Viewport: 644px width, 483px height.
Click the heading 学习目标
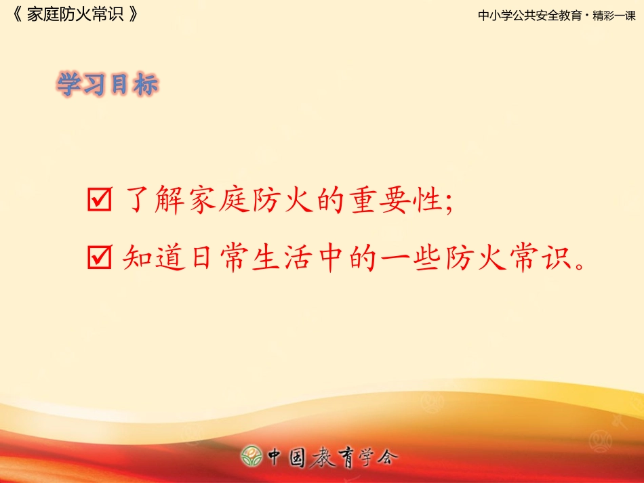tap(108, 85)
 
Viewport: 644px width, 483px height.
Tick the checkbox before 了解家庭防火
tap(100, 202)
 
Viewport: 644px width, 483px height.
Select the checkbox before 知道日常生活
tap(100, 259)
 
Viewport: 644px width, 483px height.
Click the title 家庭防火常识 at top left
tap(75, 15)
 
